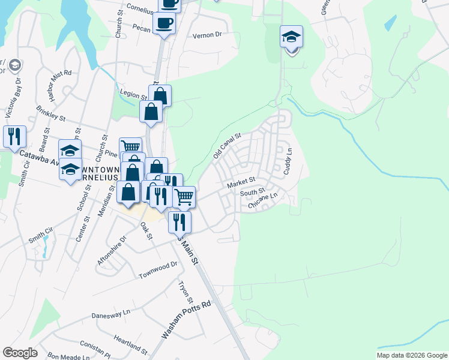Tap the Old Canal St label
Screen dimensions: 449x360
[x=227, y=146]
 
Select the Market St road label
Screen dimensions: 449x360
[x=241, y=182]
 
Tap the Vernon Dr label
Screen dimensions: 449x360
[x=207, y=35]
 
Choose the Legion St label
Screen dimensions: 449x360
[x=135, y=95]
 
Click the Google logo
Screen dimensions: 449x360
[x=20, y=353]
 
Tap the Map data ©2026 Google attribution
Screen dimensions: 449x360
[x=412, y=355]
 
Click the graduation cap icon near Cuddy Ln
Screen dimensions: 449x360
[x=292, y=37]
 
